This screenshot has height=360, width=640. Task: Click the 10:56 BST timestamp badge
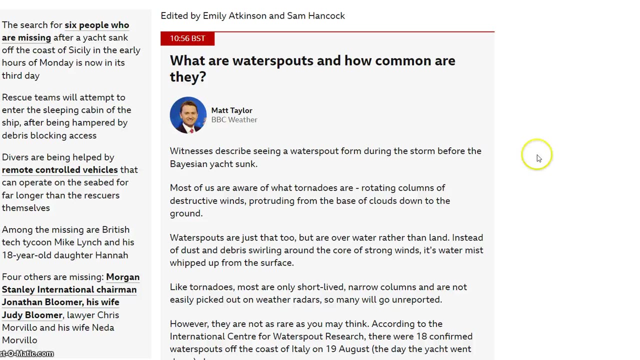point(187,38)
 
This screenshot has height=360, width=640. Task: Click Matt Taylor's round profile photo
point(188,115)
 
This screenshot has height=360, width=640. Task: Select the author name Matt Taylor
point(231,110)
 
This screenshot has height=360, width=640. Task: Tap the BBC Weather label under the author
point(234,120)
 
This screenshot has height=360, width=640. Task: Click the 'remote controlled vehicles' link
point(60,170)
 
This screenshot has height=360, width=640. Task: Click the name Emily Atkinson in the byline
point(234,16)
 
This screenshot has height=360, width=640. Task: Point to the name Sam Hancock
point(315,16)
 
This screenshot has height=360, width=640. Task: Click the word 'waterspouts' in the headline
point(272,61)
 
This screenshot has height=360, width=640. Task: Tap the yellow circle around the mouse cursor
point(536,155)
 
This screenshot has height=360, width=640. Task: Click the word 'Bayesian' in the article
point(188,164)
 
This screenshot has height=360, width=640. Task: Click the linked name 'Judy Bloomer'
point(32,315)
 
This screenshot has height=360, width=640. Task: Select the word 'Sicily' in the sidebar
point(79,50)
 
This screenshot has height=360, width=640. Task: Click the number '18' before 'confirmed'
point(421,336)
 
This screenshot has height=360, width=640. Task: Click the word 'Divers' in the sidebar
point(15,157)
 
